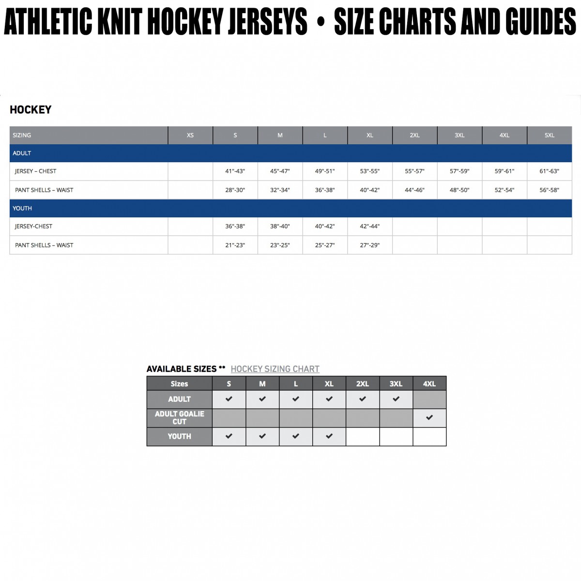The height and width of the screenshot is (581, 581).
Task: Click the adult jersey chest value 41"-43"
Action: pyautogui.click(x=235, y=171)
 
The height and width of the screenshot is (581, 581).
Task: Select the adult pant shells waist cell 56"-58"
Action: pyautogui.click(x=549, y=190)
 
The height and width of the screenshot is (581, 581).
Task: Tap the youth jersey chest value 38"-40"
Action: pyautogui.click(x=280, y=227)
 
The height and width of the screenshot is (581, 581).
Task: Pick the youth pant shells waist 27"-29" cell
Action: pyautogui.click(x=369, y=245)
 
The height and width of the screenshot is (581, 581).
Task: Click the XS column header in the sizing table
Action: pyautogui.click(x=190, y=136)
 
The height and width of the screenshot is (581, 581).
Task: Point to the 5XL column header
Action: pyautogui.click(x=549, y=136)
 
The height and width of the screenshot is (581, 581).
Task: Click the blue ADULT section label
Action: pyautogui.click(x=22, y=153)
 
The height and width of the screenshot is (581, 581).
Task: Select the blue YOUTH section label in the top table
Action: pyautogui.click(x=22, y=209)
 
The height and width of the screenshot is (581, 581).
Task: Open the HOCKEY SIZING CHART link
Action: pyautogui.click(x=275, y=369)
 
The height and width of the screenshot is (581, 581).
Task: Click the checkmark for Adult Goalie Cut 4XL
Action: pyautogui.click(x=429, y=417)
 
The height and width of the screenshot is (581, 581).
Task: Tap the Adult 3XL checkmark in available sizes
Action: pyautogui.click(x=396, y=399)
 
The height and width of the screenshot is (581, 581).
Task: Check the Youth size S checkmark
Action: pyautogui.click(x=229, y=436)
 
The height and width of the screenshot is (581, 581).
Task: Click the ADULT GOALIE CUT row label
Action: pyautogui.click(x=179, y=418)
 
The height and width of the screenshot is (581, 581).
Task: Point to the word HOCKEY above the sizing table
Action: pyautogui.click(x=31, y=110)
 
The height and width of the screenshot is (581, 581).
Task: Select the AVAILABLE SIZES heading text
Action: pyautogui.click(x=182, y=369)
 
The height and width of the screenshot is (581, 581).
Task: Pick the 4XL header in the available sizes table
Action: pyautogui.click(x=429, y=384)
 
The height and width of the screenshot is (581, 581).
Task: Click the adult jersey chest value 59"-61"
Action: pyautogui.click(x=504, y=171)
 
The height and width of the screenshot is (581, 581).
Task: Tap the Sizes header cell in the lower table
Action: pyautogui.click(x=179, y=384)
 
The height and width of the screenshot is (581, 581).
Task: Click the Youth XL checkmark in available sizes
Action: pyautogui.click(x=329, y=436)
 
